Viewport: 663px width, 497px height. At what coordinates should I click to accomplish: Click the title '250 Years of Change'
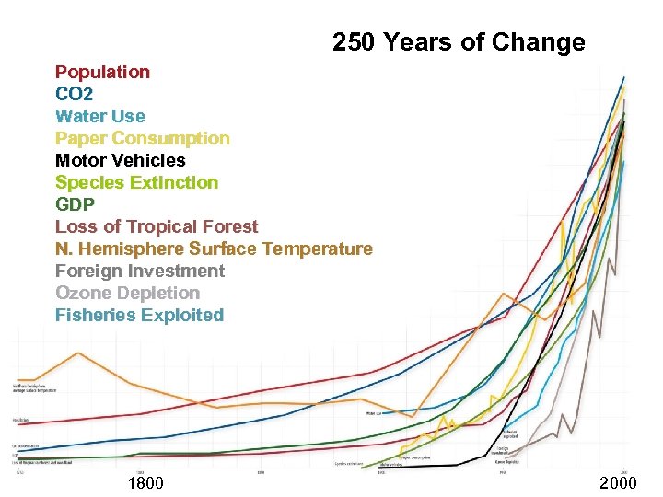pos(459,42)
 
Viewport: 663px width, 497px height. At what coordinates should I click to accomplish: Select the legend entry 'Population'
pos(102,72)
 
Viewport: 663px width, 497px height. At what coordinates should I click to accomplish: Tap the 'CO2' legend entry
pos(74,94)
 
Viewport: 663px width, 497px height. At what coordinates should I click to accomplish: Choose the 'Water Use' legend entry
pos(100,116)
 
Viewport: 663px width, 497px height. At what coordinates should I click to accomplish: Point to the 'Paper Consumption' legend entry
pos(143,138)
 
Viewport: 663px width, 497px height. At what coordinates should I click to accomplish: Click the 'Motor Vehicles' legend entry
pos(120,160)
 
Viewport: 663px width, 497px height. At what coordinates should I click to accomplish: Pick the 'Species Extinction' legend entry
pos(136,182)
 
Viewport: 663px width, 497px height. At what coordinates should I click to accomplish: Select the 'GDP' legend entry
pos(75,204)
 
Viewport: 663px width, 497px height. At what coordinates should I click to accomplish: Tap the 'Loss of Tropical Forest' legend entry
pos(157,226)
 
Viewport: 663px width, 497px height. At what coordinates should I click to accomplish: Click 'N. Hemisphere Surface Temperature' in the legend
pos(214,248)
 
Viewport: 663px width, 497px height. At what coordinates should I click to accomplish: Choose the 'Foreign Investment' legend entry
pos(140,271)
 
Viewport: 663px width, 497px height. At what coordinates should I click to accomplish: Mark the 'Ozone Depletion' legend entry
pos(127,293)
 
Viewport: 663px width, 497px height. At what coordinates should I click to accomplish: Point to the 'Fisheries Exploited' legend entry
pos(139,315)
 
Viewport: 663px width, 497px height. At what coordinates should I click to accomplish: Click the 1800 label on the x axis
pos(145,483)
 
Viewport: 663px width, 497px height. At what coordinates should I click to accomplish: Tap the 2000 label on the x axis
pos(617,483)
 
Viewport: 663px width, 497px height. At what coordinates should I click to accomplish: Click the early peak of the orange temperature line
pos(77,353)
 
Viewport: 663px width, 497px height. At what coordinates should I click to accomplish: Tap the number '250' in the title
pos(353,42)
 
